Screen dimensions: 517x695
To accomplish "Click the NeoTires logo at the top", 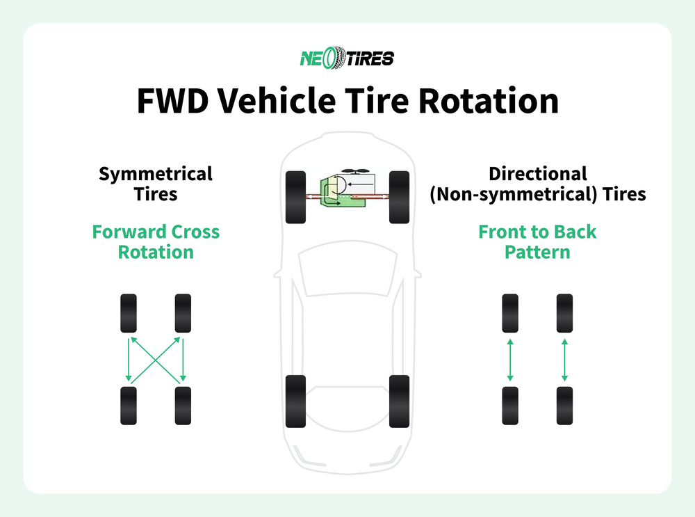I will click(x=347, y=58).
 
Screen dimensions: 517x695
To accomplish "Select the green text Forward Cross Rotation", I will click(x=156, y=241).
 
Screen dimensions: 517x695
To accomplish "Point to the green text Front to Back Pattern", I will click(x=537, y=241).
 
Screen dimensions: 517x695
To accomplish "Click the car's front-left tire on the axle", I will click(x=295, y=197).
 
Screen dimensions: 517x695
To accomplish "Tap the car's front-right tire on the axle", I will click(x=399, y=197).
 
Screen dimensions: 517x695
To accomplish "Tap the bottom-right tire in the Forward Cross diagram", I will click(x=183, y=406).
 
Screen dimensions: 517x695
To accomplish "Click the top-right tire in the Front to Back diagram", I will click(x=564, y=314).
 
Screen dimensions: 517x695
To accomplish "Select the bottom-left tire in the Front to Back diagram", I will click(x=510, y=406).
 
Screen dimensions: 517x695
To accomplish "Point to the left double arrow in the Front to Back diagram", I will click(x=510, y=360).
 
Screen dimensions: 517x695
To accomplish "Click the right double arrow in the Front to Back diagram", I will click(x=564, y=360).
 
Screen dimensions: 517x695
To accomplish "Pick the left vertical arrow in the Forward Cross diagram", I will click(x=129, y=360).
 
